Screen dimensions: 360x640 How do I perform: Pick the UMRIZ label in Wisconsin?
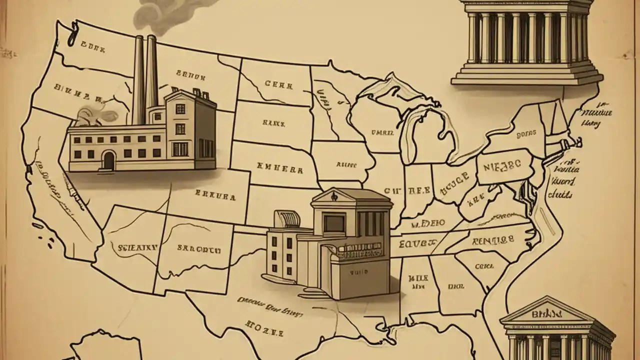[x=382, y=133]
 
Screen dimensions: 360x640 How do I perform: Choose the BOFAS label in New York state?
[x=525, y=134]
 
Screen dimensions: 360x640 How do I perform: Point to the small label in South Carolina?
[x=484, y=266]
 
